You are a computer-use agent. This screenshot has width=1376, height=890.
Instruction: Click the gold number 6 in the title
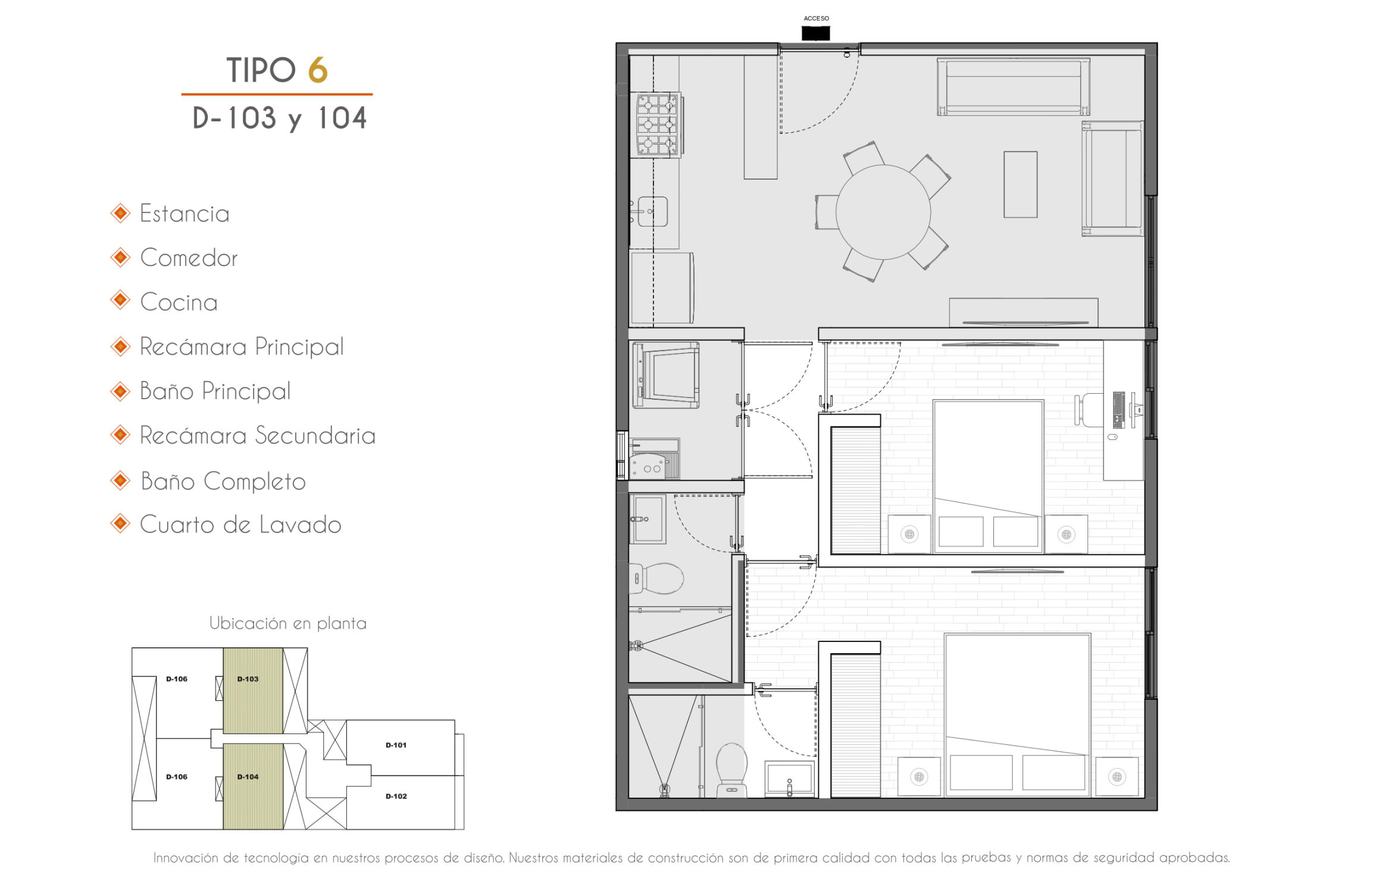318,70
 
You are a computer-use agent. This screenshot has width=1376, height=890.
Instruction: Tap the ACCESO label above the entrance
816,18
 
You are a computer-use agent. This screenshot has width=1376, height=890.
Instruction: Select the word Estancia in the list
184,214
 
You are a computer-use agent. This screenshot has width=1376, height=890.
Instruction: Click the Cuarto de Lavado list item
240,525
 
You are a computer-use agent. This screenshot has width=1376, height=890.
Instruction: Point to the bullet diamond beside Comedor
120,257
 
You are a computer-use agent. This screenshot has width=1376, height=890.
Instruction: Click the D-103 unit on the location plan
253,690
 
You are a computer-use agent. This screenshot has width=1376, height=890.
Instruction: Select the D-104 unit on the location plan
253,786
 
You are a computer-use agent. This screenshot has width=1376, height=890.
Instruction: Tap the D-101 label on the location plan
396,745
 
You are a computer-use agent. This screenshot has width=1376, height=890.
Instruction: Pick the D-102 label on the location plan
396,796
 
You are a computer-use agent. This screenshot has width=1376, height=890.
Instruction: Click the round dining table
883,212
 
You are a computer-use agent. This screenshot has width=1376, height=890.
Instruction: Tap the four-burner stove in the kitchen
657,125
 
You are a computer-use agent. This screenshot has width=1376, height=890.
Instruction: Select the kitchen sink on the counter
652,211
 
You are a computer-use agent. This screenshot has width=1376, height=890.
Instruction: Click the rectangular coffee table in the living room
1020,184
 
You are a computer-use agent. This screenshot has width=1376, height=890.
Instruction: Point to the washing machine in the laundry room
666,375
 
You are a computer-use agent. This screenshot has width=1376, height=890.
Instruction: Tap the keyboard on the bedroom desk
1119,409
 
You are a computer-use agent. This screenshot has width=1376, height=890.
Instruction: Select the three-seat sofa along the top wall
1014,87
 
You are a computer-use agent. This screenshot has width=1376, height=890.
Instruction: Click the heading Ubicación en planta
287,623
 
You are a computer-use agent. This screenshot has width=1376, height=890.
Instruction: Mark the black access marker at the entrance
815,33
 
